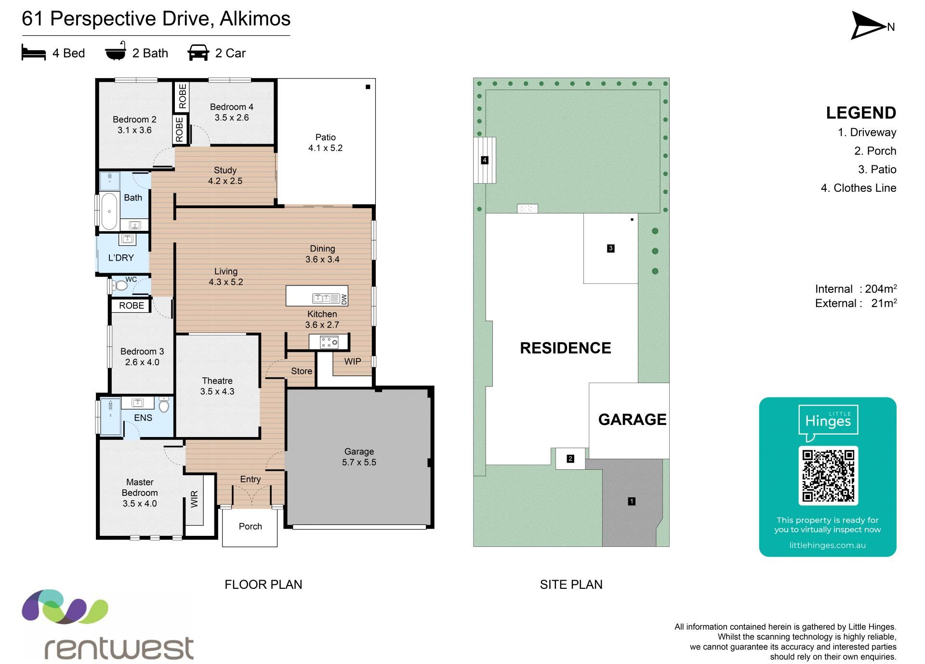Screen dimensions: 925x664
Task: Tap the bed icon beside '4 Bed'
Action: (34, 53)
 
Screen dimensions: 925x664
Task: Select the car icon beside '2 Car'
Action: (198, 53)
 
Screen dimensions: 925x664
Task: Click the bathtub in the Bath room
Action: (109, 212)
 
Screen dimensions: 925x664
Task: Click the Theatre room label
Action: (217, 381)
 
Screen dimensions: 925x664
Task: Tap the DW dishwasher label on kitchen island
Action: (344, 299)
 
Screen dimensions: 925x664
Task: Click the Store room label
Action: (302, 371)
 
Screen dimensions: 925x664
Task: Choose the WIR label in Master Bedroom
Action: (195, 499)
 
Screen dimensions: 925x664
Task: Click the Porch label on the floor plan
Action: (251, 526)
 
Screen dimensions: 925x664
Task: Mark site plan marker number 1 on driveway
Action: (632, 501)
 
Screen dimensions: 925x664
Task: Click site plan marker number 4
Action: (485, 160)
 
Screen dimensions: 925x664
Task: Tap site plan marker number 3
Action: (611, 248)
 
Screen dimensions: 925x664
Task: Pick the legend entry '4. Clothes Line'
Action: (859, 188)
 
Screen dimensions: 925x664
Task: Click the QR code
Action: (828, 476)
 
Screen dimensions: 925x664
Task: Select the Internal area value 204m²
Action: (881, 289)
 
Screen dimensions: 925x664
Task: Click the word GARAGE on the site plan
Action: (632, 420)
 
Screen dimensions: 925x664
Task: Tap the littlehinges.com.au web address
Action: (828, 545)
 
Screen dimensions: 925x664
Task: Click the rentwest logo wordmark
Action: (119, 648)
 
